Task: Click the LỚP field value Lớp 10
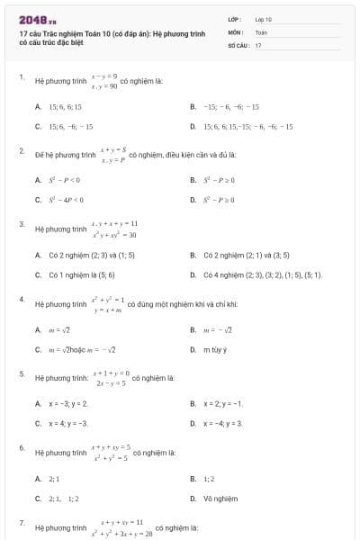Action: click(x=264, y=19)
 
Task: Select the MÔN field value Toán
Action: click(x=261, y=31)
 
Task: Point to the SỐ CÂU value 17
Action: click(x=258, y=44)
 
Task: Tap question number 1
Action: click(x=21, y=77)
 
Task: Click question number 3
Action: click(x=21, y=223)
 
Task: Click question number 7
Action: click(x=21, y=522)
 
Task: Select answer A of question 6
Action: click(x=53, y=477)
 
